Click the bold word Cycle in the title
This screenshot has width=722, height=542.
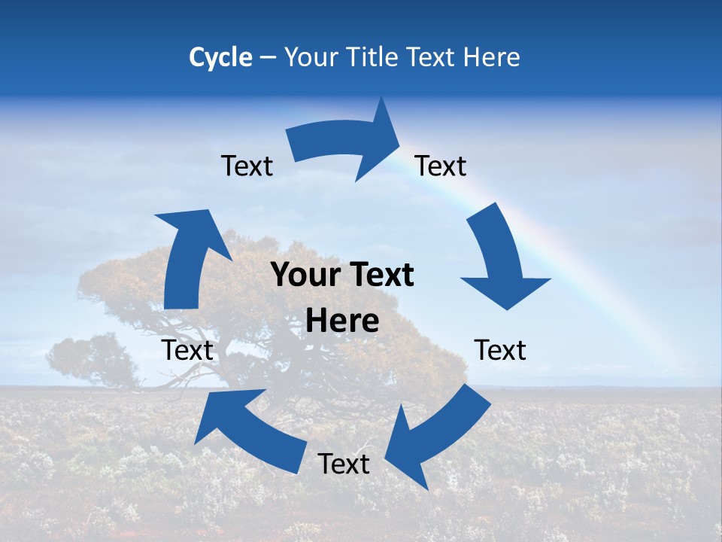tap(220, 57)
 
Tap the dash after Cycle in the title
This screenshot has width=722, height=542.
tap(268, 57)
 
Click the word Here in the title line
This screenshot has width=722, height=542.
tap(492, 57)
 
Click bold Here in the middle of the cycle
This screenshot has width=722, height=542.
tap(342, 321)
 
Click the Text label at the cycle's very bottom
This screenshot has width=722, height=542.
tap(344, 464)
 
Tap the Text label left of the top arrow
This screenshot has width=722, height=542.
tap(247, 166)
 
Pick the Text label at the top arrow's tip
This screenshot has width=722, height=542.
tap(441, 166)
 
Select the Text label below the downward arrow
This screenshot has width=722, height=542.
tap(500, 350)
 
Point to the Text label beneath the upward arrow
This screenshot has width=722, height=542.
tap(187, 350)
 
